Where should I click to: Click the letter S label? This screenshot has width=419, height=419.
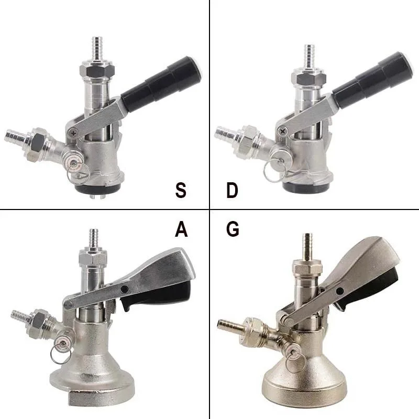(x=181, y=190)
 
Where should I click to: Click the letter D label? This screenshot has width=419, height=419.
(x=233, y=190)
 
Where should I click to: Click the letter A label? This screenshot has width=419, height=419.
(x=181, y=230)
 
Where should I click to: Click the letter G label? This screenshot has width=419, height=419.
(x=232, y=230)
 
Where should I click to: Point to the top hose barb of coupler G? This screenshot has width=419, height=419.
(x=307, y=244)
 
